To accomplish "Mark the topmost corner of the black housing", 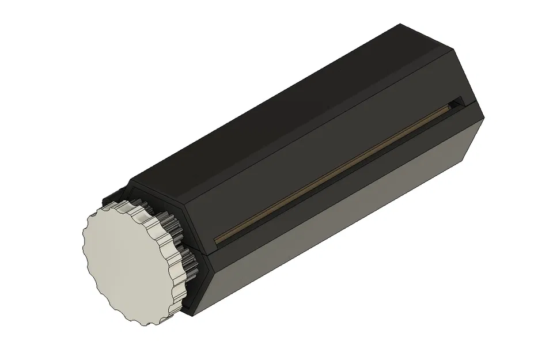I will pyautogui.click(x=400, y=24).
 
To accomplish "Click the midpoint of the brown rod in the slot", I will pyautogui.click(x=333, y=172).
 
